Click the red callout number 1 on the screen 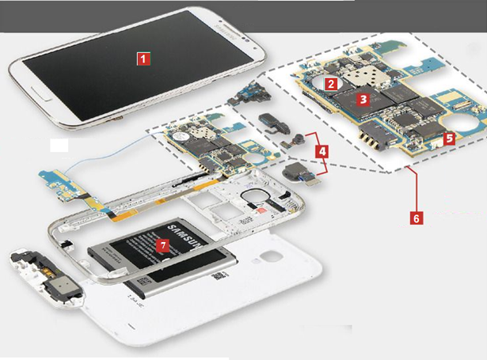point(143,58)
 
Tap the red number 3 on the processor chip point(363,100)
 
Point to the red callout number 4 point(321,148)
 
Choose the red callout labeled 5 point(448,138)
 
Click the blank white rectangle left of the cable point(60,146)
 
